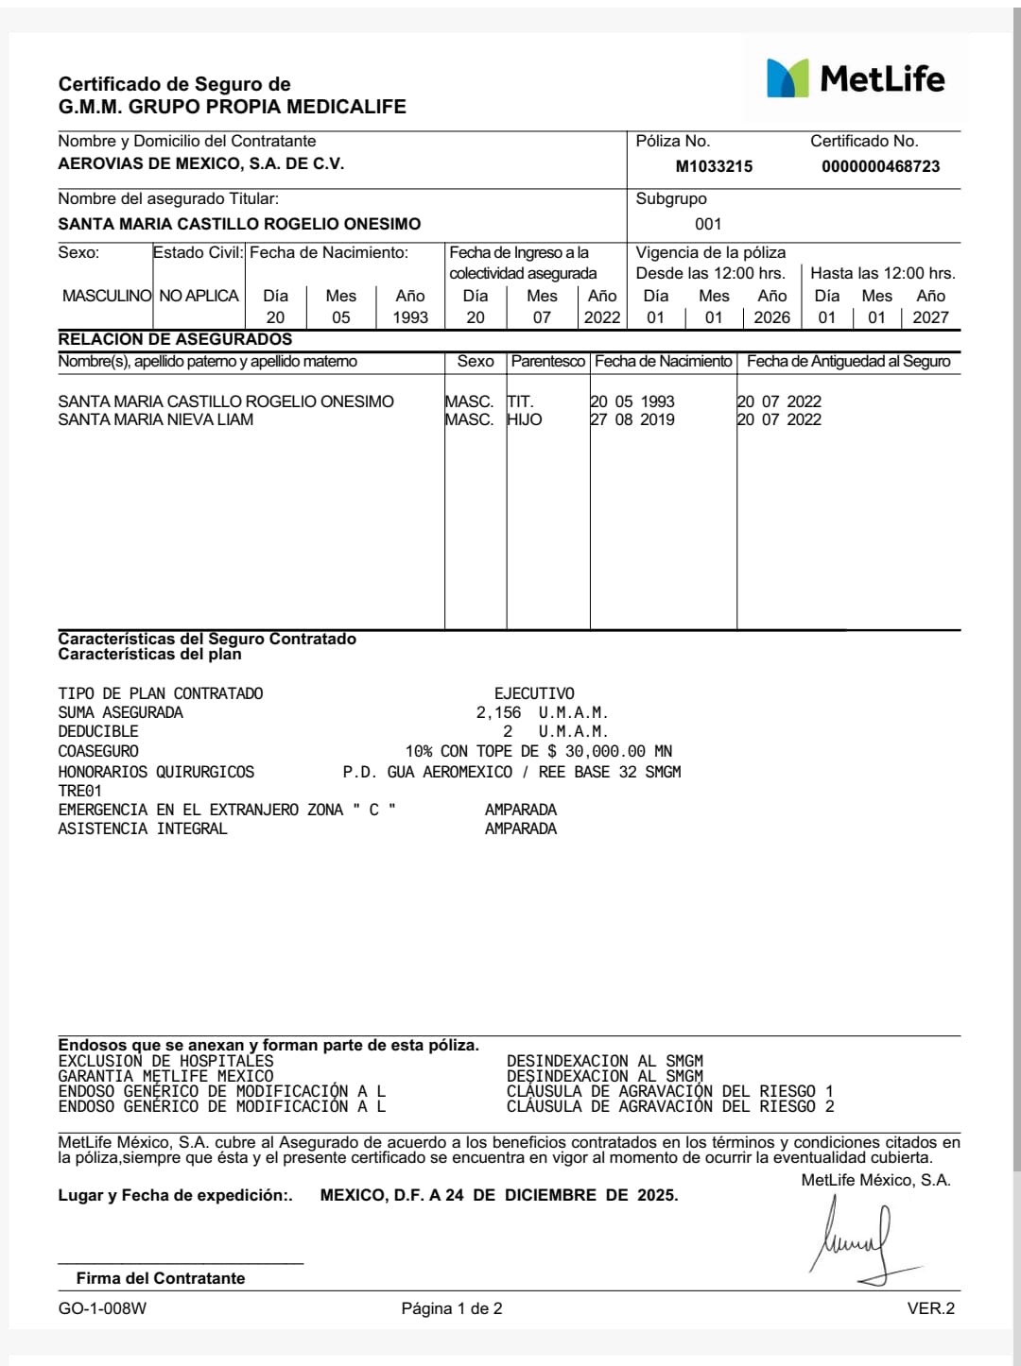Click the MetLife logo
pos(856,78)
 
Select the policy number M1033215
pos(714,166)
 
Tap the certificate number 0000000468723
pos(880,166)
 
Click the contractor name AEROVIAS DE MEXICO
pos(200,163)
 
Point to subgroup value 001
pos(708,224)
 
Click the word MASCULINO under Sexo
pos(106,296)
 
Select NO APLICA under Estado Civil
pos(199,296)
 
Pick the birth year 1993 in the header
pos(410,317)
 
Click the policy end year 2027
pos(930,317)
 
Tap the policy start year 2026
pos(771,317)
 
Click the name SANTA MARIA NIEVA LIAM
pos(156,419)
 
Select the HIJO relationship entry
pos(525,419)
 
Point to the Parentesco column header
pos(548,361)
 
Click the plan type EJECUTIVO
pos(534,693)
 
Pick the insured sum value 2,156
pos(498,712)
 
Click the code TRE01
pos(79,790)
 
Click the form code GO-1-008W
pos(102,1308)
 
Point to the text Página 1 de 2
pos(452,1308)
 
